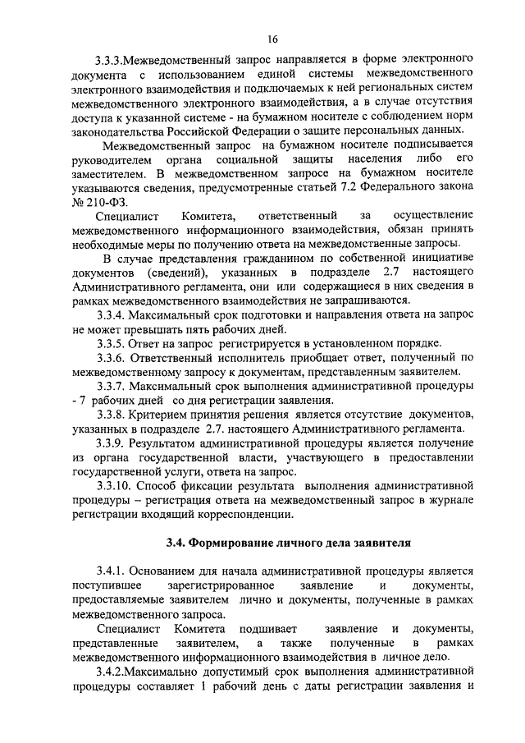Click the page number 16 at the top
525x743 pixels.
[x=273, y=39]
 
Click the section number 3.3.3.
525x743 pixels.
[x=110, y=61]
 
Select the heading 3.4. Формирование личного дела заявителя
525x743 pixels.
[x=286, y=543]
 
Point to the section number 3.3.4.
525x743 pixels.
[x=112, y=314]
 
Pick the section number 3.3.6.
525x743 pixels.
[x=112, y=358]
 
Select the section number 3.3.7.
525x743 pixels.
[x=112, y=386]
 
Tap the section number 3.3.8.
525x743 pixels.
[x=112, y=415]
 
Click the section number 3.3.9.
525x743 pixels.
[x=112, y=443]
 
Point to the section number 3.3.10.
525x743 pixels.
[x=115, y=486]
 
